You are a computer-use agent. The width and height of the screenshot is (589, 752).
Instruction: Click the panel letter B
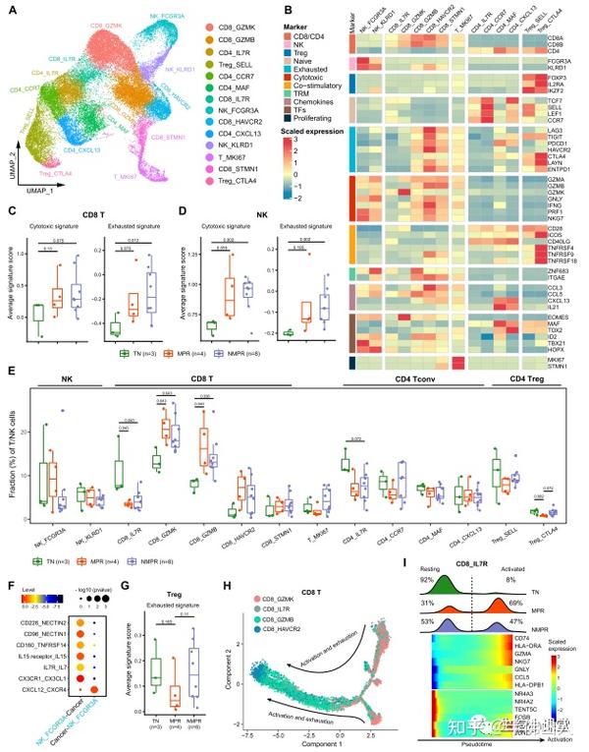[x=346, y=9]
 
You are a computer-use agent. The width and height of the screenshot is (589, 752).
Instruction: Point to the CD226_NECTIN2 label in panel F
[x=40, y=595]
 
